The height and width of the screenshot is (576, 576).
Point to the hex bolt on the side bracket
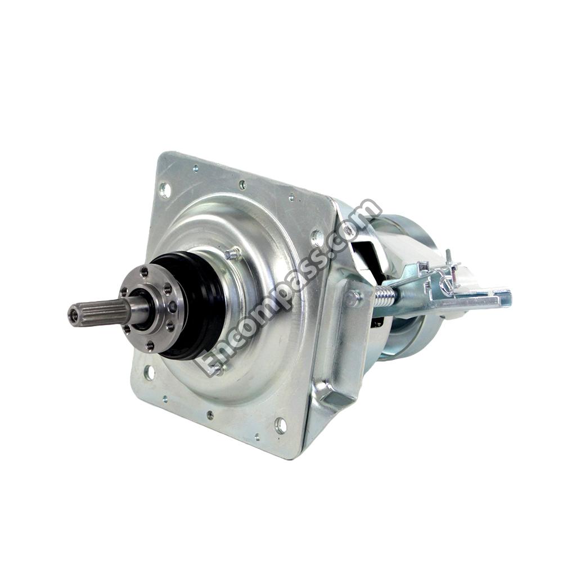[353, 298]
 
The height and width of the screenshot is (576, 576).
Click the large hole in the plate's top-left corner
[164, 190]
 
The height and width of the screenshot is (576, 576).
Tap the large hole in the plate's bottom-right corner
[281, 425]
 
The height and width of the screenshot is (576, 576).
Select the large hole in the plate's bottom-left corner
[149, 372]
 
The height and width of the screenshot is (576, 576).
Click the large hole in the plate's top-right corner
[318, 237]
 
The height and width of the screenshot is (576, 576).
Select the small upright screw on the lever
[449, 258]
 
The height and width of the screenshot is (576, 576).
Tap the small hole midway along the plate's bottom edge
[209, 415]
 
